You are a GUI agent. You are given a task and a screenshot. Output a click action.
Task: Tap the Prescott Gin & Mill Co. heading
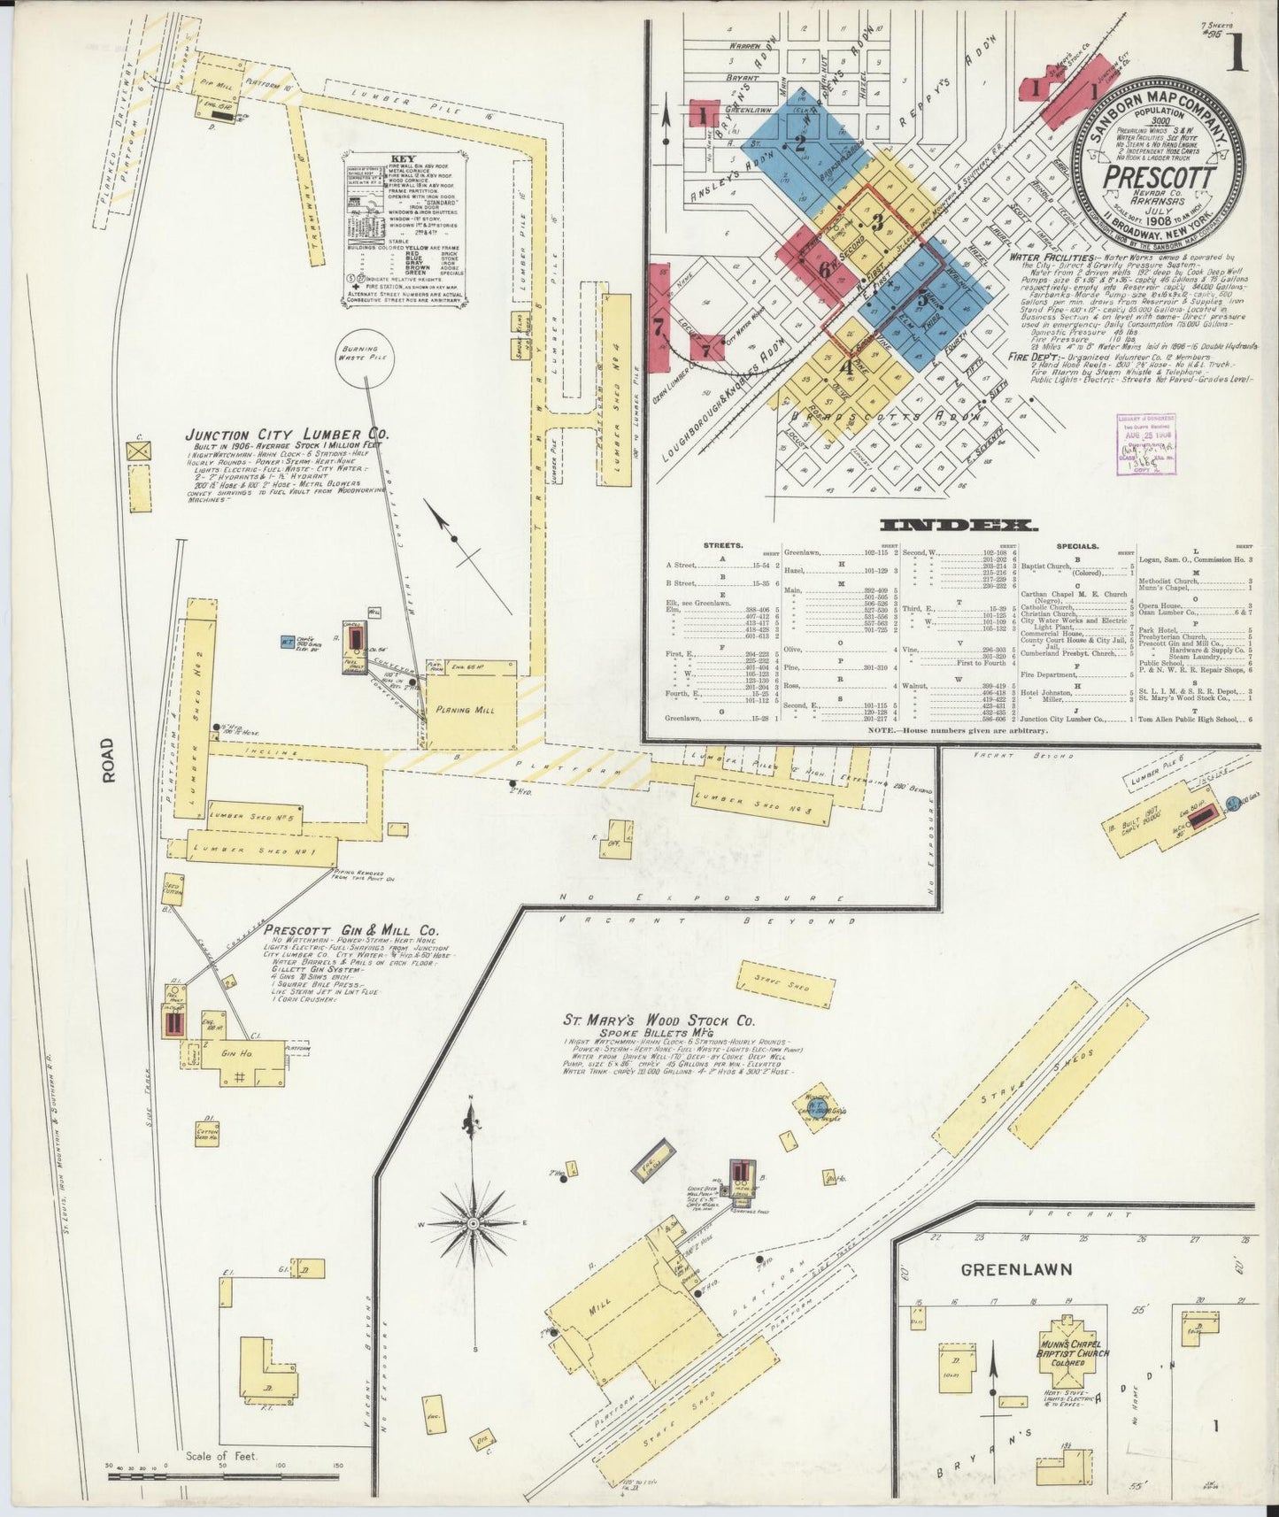(x=351, y=931)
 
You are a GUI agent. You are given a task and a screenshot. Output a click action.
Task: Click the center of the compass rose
(x=473, y=1222)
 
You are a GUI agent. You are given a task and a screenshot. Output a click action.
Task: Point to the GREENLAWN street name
(x=1016, y=1268)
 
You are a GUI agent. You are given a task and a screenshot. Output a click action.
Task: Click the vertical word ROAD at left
(x=109, y=760)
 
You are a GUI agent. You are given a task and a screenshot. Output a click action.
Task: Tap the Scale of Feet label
(x=220, y=1455)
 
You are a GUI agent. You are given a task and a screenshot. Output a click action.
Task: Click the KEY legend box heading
(x=403, y=159)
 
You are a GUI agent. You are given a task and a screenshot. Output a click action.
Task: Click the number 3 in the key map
(x=877, y=222)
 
